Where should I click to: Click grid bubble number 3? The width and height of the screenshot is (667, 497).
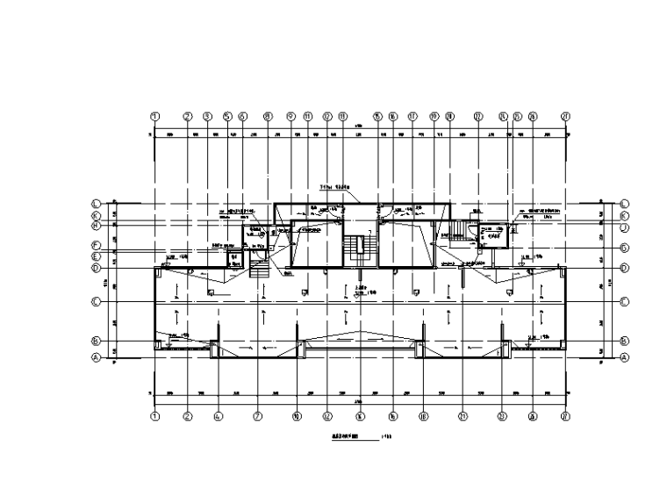pyautogui.click(x=207, y=115)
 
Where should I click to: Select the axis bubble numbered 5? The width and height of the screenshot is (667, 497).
pyautogui.click(x=226, y=115)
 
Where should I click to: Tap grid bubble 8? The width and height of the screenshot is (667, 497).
pyautogui.click(x=267, y=115)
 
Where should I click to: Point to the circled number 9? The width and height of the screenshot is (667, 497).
pyautogui.click(x=290, y=115)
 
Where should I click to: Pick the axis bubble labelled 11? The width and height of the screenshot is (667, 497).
pyautogui.click(x=308, y=115)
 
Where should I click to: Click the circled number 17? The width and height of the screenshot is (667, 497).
pyautogui.click(x=412, y=115)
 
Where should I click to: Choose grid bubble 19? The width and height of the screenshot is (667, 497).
pyautogui.click(x=434, y=115)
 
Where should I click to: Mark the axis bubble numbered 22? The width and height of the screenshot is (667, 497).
pyautogui.click(x=478, y=115)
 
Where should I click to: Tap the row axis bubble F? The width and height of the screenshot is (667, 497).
pyautogui.click(x=97, y=246)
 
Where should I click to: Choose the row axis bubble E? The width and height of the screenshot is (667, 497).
pyautogui.click(x=97, y=256)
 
